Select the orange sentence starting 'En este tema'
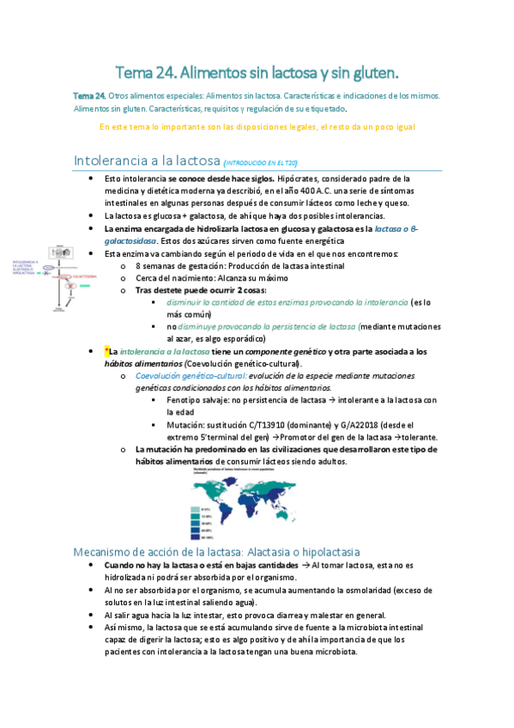[257, 127]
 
